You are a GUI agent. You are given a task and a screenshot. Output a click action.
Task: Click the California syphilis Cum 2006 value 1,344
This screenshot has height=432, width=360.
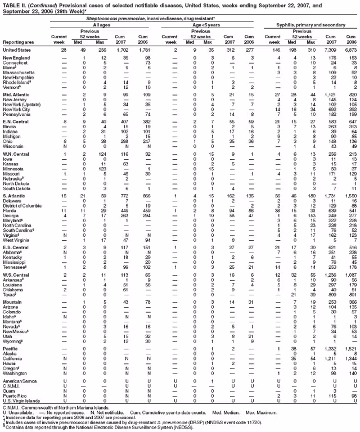tap(350, 358)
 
